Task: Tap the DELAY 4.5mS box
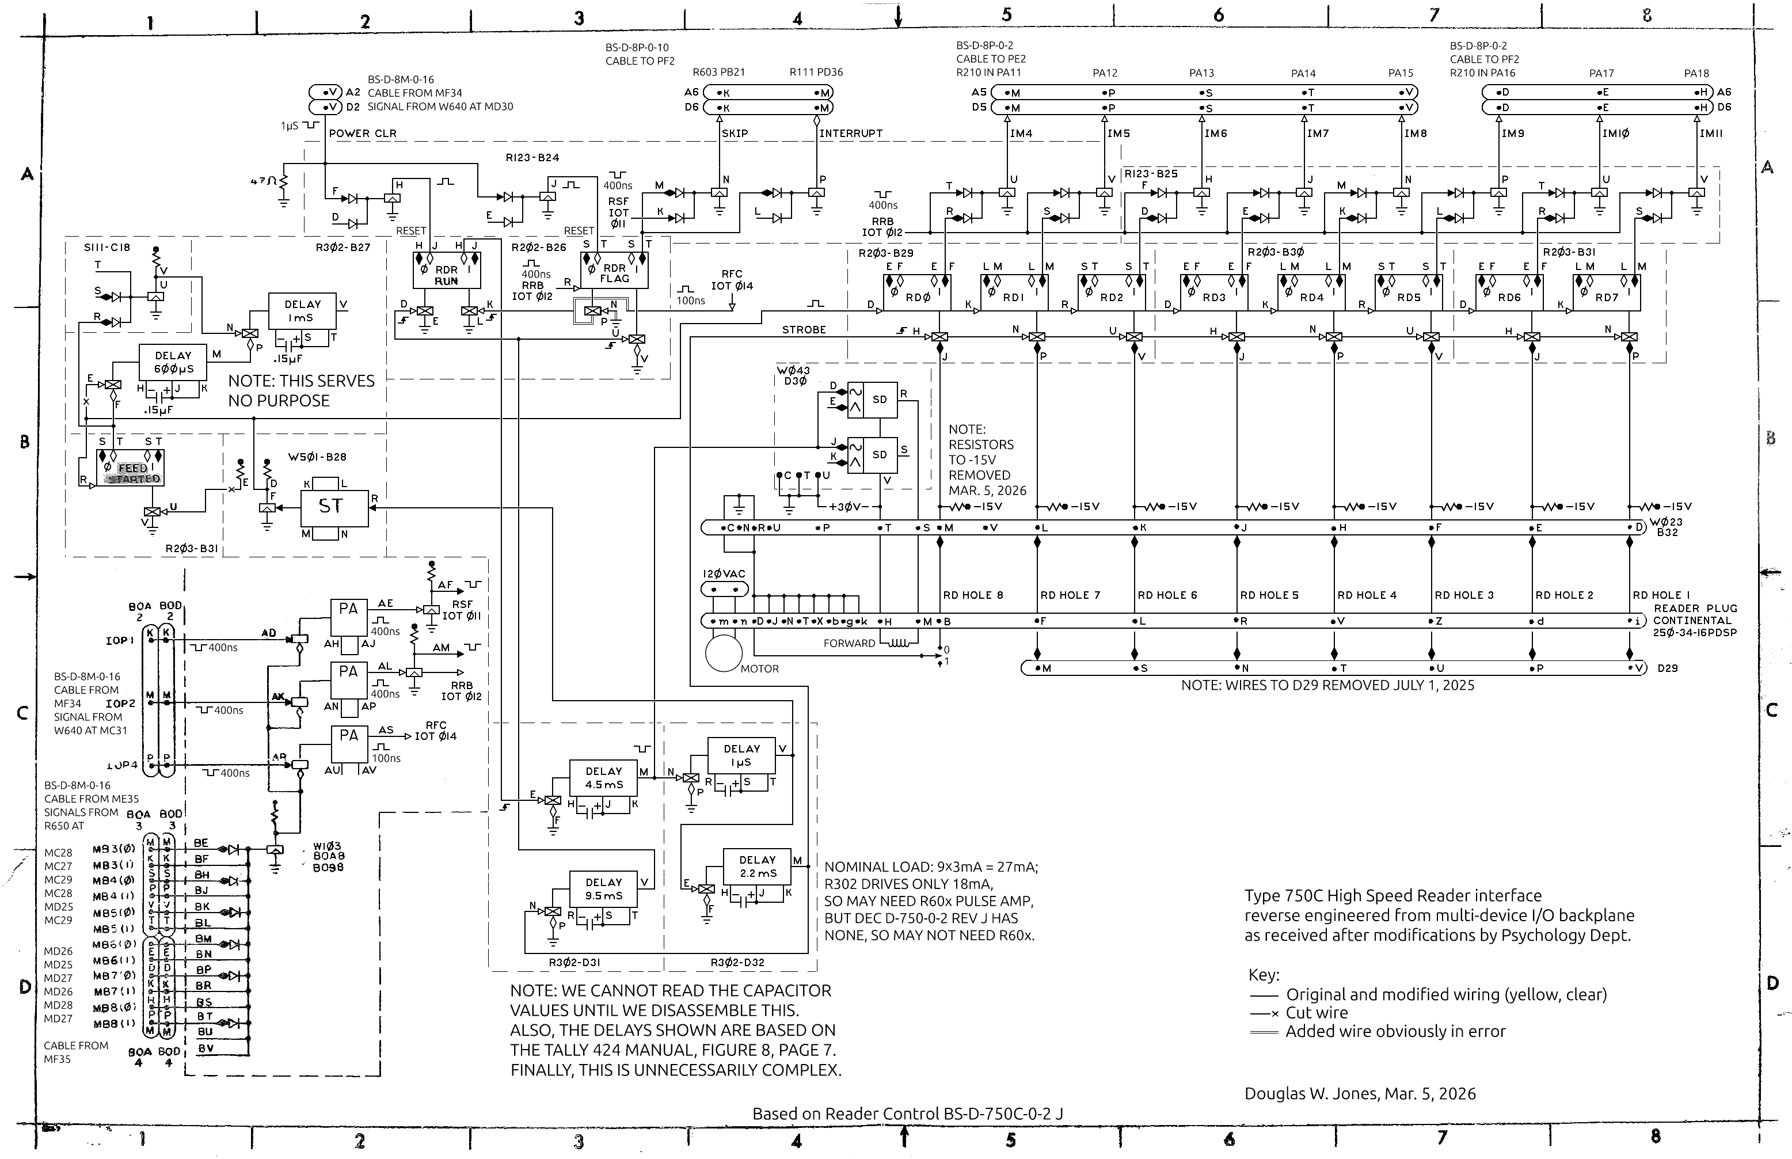pos(604,778)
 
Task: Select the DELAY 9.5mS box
pos(604,889)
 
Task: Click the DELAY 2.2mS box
pos(757,867)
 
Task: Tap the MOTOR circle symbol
pos(724,652)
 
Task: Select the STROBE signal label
pos(804,330)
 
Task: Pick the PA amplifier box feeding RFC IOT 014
pos(349,743)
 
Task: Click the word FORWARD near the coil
pos(849,644)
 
